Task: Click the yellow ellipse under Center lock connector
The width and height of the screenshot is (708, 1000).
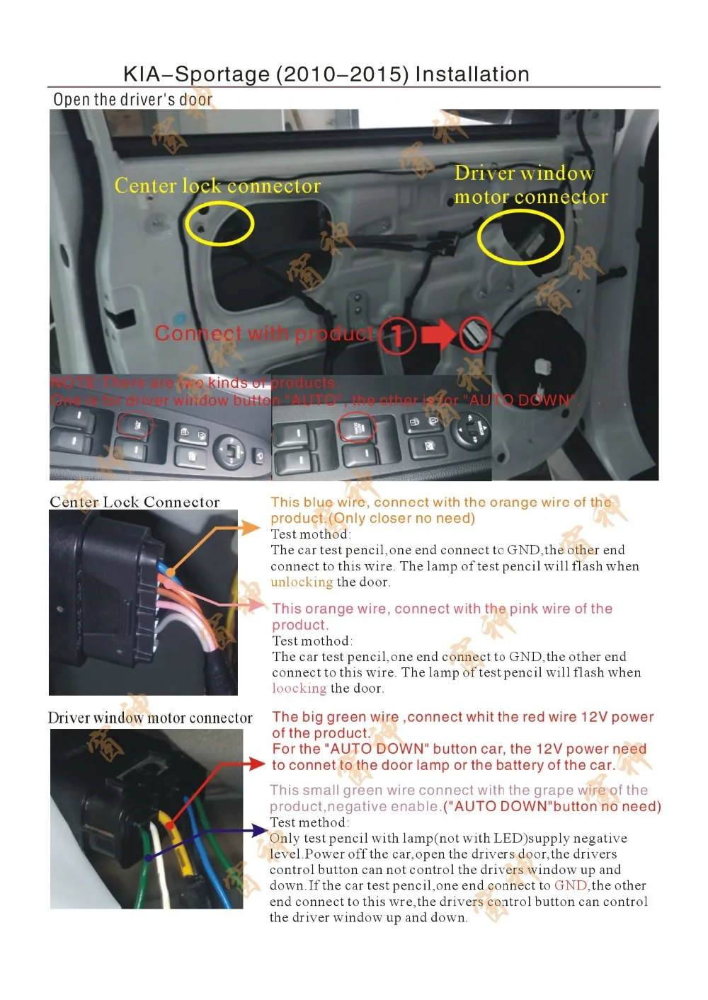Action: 219,223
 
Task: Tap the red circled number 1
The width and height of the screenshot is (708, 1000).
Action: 397,335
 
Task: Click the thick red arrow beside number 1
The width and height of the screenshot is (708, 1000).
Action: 439,335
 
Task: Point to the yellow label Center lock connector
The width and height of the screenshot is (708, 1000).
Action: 217,186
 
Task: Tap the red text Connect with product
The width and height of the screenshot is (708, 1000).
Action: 263,333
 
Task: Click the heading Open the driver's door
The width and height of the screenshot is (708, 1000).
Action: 132,100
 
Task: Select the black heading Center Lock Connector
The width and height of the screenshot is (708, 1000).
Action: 135,502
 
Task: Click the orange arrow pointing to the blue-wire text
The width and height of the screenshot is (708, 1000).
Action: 250,528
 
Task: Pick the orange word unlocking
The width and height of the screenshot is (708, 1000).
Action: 302,582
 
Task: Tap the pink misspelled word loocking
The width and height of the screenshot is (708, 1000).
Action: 299,689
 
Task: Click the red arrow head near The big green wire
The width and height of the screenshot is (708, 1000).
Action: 258,764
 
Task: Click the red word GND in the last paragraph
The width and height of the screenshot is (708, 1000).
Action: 571,886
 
